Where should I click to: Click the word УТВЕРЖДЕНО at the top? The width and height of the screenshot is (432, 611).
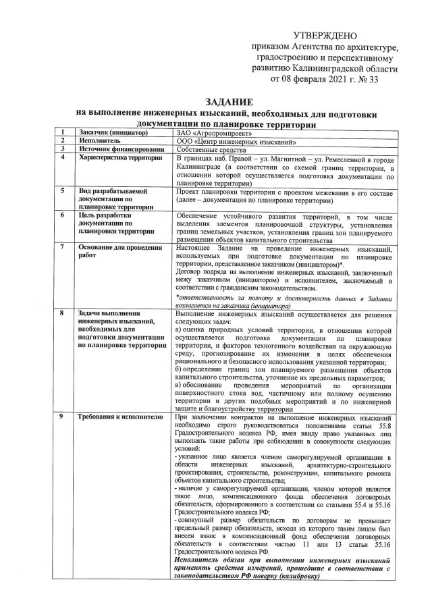tap(325, 35)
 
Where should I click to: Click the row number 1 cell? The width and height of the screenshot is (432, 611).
tap(62, 132)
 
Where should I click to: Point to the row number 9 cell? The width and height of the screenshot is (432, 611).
tap(62, 417)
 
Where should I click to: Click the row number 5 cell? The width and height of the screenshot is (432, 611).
tap(62, 190)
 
